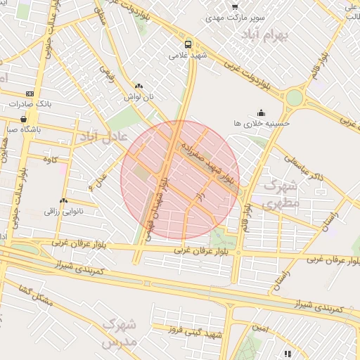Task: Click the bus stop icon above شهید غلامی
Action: click(x=188, y=42)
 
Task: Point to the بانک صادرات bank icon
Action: click(x=30, y=94)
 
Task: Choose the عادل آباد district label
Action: click(x=103, y=136)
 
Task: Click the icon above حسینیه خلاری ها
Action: click(x=261, y=111)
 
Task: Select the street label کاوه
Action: click(x=49, y=160)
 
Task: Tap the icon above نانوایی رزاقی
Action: click(x=64, y=200)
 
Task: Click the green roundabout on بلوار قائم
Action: click(x=294, y=97)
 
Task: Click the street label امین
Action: click(x=261, y=329)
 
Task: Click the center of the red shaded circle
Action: click(x=180, y=179)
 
